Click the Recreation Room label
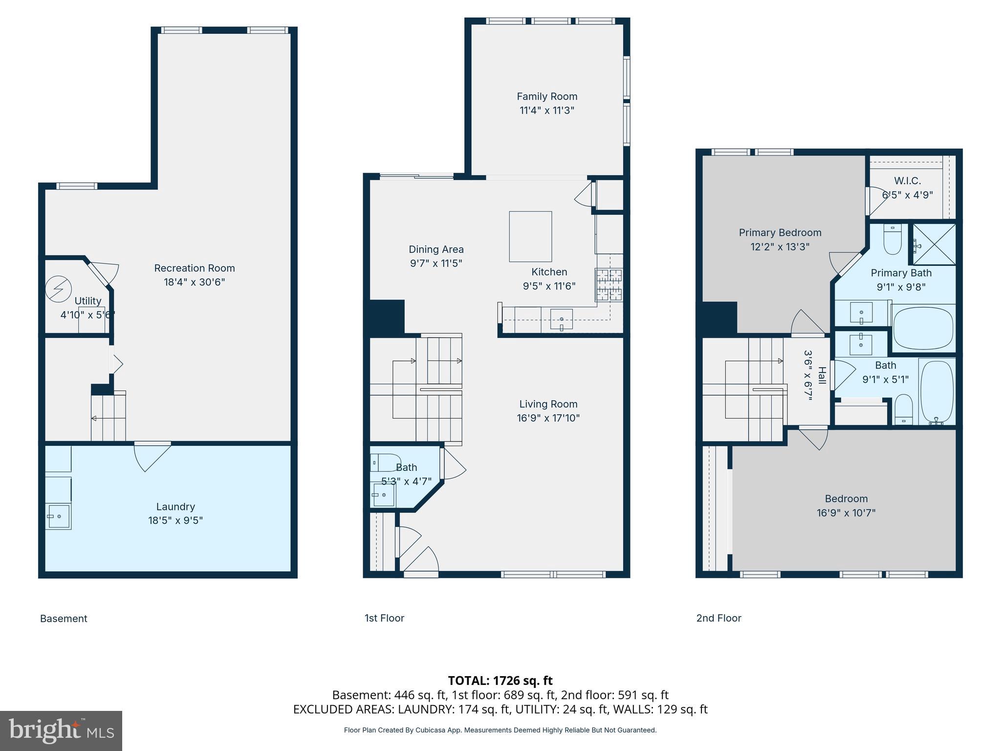click(x=195, y=268)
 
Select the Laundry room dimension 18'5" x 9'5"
click(x=175, y=520)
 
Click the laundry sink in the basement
click(x=58, y=516)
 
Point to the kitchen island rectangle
click(x=530, y=236)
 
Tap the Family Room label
click(x=547, y=96)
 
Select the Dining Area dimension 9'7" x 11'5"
click(x=436, y=263)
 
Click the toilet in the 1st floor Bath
click(x=385, y=462)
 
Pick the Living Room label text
click(x=548, y=404)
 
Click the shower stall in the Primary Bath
click(x=934, y=244)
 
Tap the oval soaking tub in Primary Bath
click(x=923, y=328)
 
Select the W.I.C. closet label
click(x=907, y=181)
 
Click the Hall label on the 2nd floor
click(x=822, y=375)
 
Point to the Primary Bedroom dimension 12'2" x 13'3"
click(x=780, y=246)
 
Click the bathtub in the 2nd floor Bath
click(x=936, y=392)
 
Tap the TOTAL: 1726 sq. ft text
click(x=500, y=680)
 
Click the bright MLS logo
click(x=61, y=730)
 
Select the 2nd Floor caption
click(x=718, y=618)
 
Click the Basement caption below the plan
click(x=64, y=618)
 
